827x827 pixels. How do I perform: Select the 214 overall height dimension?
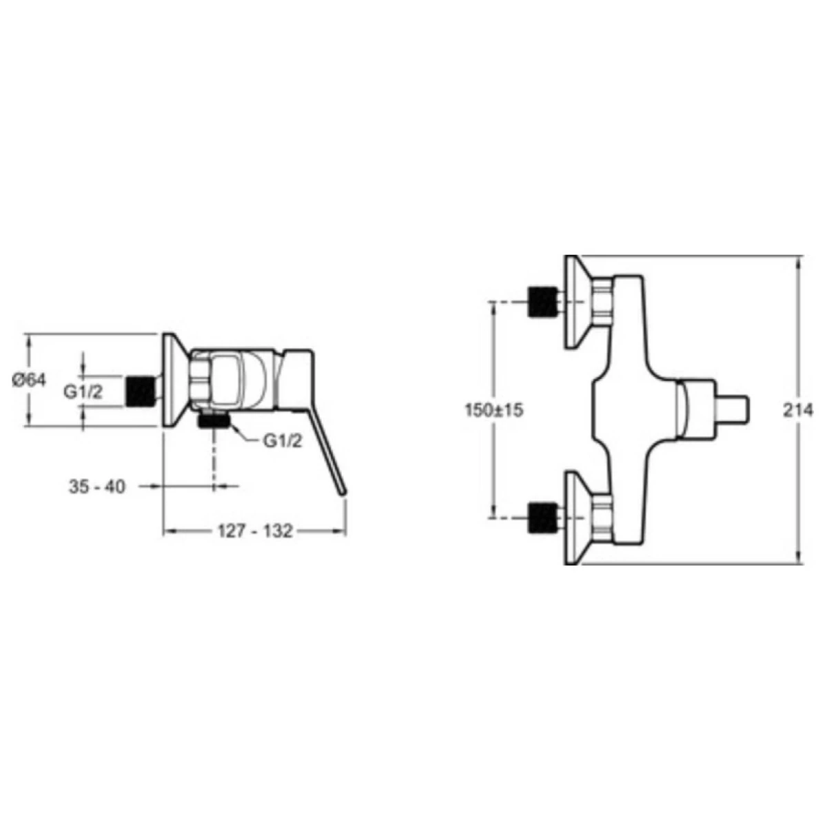798,410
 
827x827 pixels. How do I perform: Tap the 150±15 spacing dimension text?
494,410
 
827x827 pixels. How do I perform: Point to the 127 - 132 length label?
255,531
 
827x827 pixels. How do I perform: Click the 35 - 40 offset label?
97,487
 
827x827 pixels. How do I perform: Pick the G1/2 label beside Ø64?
83,392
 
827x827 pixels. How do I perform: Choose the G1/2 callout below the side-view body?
283,441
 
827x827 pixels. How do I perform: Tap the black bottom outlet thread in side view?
213,421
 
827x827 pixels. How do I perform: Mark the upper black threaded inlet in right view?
542,301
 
